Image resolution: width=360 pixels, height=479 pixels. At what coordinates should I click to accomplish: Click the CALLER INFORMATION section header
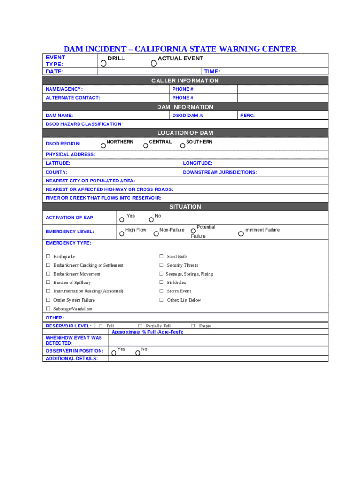point(185,80)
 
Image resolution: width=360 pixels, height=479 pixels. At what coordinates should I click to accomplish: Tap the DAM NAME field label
point(59,115)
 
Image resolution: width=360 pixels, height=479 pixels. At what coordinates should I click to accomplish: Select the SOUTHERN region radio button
point(183,146)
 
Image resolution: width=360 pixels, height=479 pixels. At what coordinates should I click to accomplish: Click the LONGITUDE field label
point(197,163)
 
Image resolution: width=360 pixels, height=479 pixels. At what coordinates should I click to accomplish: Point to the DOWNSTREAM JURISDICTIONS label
point(220,172)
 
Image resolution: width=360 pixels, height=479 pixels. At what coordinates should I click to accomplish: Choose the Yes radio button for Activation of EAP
point(122,219)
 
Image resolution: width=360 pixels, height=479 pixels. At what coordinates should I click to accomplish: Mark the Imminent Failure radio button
point(241,233)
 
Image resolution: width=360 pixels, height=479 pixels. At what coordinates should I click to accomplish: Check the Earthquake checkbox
point(48,257)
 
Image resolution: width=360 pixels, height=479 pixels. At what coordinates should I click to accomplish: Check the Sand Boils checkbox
point(161,257)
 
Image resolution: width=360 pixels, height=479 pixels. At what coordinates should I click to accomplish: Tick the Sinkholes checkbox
point(161,283)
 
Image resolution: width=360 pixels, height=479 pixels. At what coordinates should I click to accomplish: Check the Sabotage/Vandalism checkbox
point(48,309)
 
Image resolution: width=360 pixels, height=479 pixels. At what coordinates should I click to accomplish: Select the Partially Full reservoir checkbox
point(140,326)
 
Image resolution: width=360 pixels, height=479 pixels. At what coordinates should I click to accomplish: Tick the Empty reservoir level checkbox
point(193,326)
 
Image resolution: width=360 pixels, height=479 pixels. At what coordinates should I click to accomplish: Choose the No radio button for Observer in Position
point(137,353)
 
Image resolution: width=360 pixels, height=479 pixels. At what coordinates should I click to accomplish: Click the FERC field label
point(247,115)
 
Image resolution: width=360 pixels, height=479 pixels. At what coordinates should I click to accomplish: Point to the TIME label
point(212,72)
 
